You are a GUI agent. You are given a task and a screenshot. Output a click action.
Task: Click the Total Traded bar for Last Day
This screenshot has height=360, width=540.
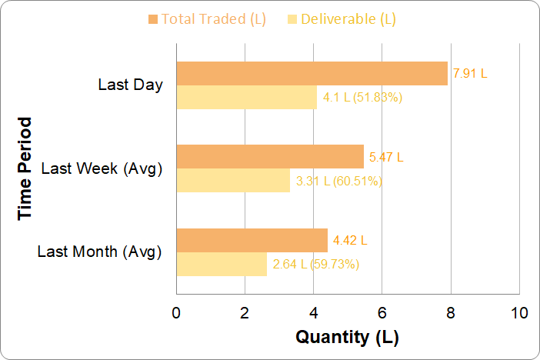pyautogui.click(x=312, y=74)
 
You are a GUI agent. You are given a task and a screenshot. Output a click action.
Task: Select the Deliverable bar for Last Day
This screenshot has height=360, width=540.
pyautogui.click(x=246, y=98)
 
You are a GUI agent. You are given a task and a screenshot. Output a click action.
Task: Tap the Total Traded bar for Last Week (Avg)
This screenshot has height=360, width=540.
pyautogui.click(x=270, y=157)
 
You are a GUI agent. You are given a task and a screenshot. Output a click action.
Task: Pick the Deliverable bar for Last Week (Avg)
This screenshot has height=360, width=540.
pyautogui.click(x=233, y=181)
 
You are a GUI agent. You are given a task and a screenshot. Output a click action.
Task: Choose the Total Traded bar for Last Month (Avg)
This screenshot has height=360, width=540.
pyautogui.click(x=252, y=240)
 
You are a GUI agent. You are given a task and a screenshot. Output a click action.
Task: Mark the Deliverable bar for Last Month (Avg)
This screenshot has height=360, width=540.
pyautogui.click(x=222, y=264)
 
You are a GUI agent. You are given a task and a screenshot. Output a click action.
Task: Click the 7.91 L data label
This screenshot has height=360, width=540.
pyautogui.click(x=471, y=74)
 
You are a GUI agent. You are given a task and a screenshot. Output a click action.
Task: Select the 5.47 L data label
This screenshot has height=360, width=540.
pyautogui.click(x=386, y=157)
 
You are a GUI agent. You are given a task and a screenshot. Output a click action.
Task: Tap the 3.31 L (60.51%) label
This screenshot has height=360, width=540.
pyautogui.click(x=338, y=182)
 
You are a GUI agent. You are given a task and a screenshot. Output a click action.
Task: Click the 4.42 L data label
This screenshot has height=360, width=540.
pyautogui.click(x=350, y=240)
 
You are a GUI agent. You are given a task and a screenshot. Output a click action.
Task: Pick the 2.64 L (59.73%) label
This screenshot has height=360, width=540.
pyautogui.click(x=315, y=265)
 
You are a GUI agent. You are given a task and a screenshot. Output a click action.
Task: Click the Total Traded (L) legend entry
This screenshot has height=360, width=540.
pyautogui.click(x=208, y=19)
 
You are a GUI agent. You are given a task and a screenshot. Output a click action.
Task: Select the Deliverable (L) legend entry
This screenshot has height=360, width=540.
pyautogui.click(x=342, y=19)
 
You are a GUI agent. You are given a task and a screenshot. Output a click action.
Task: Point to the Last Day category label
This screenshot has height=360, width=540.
pyautogui.click(x=131, y=85)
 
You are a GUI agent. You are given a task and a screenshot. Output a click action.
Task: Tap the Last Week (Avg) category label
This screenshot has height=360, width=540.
pyautogui.click(x=102, y=168)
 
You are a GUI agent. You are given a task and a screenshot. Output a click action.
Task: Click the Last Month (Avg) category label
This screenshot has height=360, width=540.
pyautogui.click(x=99, y=251)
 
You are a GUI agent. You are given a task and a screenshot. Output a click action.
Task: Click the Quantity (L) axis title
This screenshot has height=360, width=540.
pyautogui.click(x=348, y=337)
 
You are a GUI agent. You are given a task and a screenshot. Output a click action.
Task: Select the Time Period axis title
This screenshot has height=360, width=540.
pyautogui.click(x=26, y=168)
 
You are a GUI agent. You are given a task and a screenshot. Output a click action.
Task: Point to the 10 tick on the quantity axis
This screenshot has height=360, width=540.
pyautogui.click(x=519, y=314)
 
